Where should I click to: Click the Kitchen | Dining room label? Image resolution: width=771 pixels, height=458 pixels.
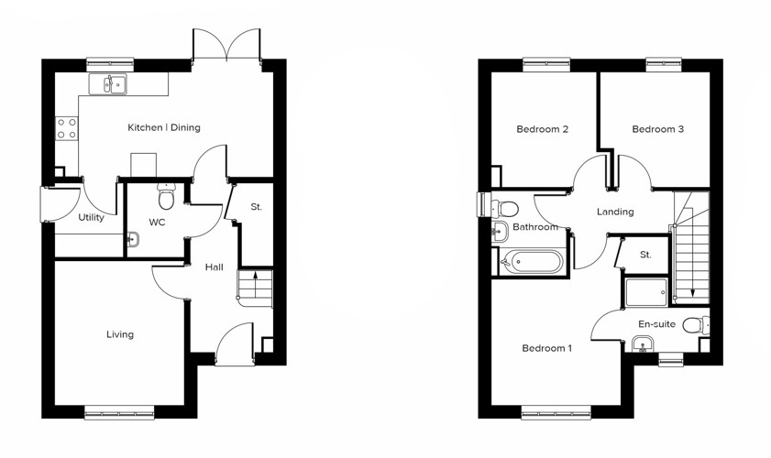pyautogui.click(x=163, y=128)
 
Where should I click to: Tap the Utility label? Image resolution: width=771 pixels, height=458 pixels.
pyautogui.click(x=91, y=218)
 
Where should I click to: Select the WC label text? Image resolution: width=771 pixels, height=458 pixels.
pyautogui.click(x=157, y=223)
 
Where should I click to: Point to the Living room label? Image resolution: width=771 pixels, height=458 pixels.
pyautogui.click(x=119, y=334)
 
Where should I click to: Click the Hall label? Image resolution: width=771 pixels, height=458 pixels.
pyautogui.click(x=214, y=267)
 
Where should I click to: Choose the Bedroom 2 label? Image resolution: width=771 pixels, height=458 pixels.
pyautogui.click(x=542, y=129)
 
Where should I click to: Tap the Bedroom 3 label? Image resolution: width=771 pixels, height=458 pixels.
pyautogui.click(x=657, y=129)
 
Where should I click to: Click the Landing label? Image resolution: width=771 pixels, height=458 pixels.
pyautogui.click(x=615, y=212)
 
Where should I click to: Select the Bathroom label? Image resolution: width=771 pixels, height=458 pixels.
pyautogui.click(x=535, y=227)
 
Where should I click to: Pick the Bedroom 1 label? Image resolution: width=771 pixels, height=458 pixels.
pyautogui.click(x=546, y=348)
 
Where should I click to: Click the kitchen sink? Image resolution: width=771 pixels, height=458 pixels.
pyautogui.click(x=115, y=85)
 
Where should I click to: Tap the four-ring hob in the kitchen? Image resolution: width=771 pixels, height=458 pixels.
pyautogui.click(x=67, y=128)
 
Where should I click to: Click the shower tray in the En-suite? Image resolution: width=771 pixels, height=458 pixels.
pyautogui.click(x=647, y=291)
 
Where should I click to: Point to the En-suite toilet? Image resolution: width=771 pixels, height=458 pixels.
pyautogui.click(x=697, y=325)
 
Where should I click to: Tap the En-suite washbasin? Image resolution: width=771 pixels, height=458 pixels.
pyautogui.click(x=642, y=344)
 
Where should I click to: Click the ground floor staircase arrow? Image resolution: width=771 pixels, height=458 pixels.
pyautogui.click(x=255, y=276)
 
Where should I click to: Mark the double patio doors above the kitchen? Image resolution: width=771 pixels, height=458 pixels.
pyautogui.click(x=226, y=45)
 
